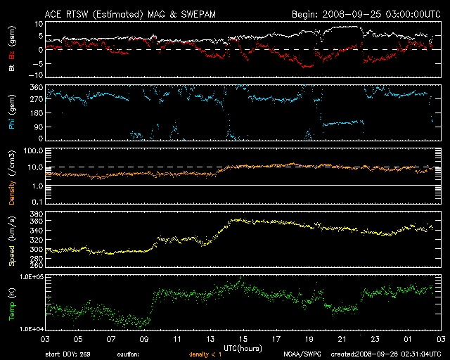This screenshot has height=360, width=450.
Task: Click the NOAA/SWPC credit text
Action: (x=303, y=354)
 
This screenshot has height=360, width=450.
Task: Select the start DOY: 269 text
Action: (x=64, y=354)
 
